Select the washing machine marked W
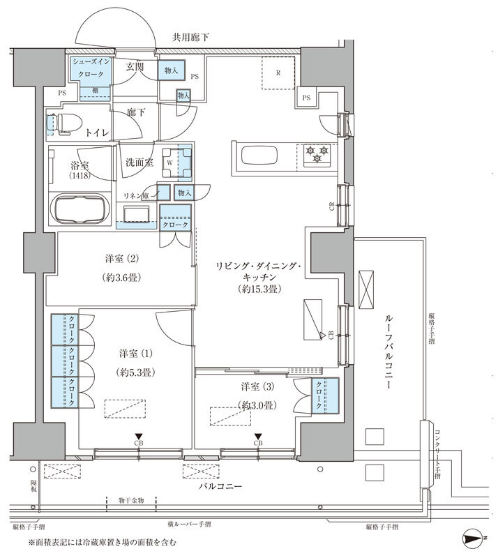(169, 165)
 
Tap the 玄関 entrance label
(135, 67)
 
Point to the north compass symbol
(475, 538)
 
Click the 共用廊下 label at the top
(193, 37)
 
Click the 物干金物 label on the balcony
(131, 500)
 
